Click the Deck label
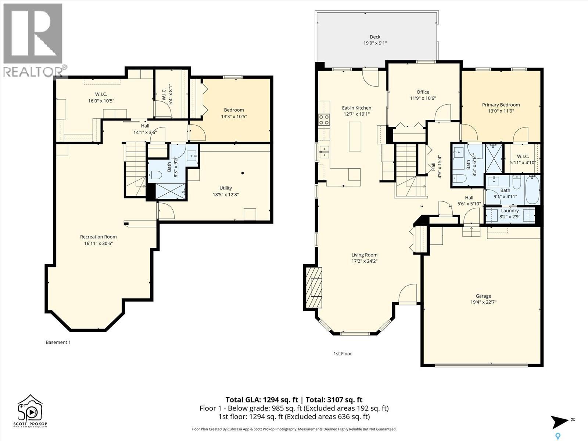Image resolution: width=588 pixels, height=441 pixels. pyautogui.click(x=375, y=37)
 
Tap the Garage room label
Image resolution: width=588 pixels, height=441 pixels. pyautogui.click(x=483, y=296)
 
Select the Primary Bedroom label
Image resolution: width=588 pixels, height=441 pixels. pyautogui.click(x=501, y=105)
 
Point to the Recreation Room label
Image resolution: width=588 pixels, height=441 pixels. pyautogui.click(x=98, y=237)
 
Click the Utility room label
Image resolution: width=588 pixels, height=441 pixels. pyautogui.click(x=226, y=188)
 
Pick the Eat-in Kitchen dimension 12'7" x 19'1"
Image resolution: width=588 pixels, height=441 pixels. pyautogui.click(x=356, y=114)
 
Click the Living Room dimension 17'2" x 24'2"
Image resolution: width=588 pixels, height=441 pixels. pyautogui.click(x=364, y=261)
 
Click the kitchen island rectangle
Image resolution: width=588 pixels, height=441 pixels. pyautogui.click(x=355, y=136)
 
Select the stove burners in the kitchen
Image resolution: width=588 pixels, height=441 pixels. pyautogui.click(x=324, y=119)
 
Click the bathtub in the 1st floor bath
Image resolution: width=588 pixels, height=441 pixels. pyautogui.click(x=532, y=190)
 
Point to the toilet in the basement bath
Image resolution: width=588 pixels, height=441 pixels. pyautogui.click(x=155, y=175)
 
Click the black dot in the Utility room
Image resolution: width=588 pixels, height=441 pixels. pyautogui.click(x=243, y=173)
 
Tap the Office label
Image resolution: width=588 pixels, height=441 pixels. pyautogui.click(x=423, y=92)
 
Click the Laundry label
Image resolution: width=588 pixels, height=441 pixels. pyautogui.click(x=510, y=211)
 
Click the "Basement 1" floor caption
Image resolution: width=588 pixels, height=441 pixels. pyautogui.click(x=58, y=342)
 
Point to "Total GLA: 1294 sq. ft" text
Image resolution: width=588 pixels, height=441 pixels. pyautogui.click(x=262, y=400)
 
